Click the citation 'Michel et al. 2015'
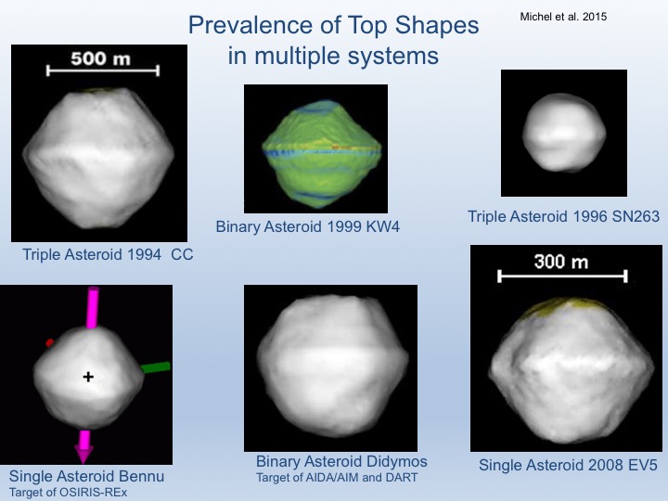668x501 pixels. pos(563,17)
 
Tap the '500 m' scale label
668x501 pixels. pos(100,58)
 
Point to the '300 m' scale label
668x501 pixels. pos(561,262)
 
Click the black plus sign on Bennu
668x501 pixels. pos(88,377)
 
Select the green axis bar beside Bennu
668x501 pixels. pos(156,367)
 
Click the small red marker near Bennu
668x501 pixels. pos(50,342)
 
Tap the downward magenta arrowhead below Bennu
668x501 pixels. pos(83,454)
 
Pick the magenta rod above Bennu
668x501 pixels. pos(93,308)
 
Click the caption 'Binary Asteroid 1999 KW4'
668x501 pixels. pos(308,226)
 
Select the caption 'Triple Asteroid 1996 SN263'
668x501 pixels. pos(564,216)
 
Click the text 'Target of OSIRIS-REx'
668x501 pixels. pos(68,493)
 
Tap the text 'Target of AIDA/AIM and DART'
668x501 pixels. pos(337,478)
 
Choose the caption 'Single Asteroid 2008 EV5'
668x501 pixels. pos(568,465)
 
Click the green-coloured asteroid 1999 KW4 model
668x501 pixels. pos(321,153)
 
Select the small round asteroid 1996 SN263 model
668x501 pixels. pos(564,133)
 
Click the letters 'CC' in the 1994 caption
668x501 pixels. pos(182,255)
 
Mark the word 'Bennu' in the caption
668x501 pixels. pos(141,476)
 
